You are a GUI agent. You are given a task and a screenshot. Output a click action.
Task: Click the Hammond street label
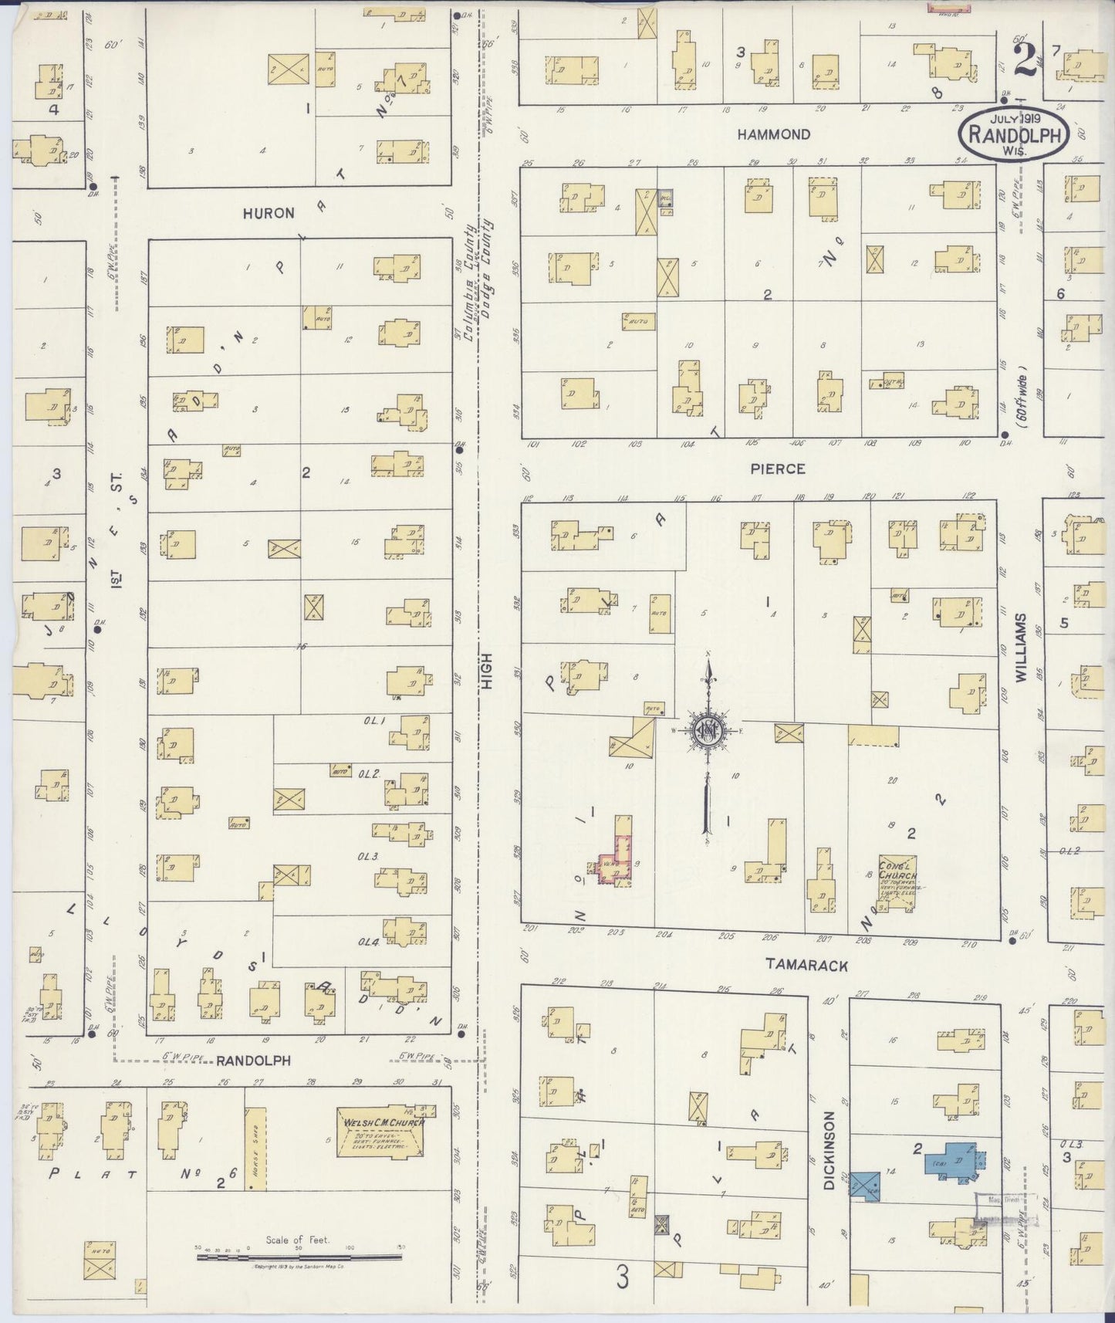point(773,134)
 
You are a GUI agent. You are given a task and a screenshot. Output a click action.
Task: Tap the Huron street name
point(269,213)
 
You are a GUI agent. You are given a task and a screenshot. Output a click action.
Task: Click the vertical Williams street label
point(1021,647)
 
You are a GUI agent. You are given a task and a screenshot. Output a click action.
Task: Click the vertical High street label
point(487,669)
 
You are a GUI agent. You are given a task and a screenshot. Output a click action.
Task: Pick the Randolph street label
point(253,1061)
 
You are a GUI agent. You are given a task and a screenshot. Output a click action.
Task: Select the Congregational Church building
point(898,883)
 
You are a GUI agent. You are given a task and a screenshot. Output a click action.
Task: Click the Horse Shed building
point(255,1148)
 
